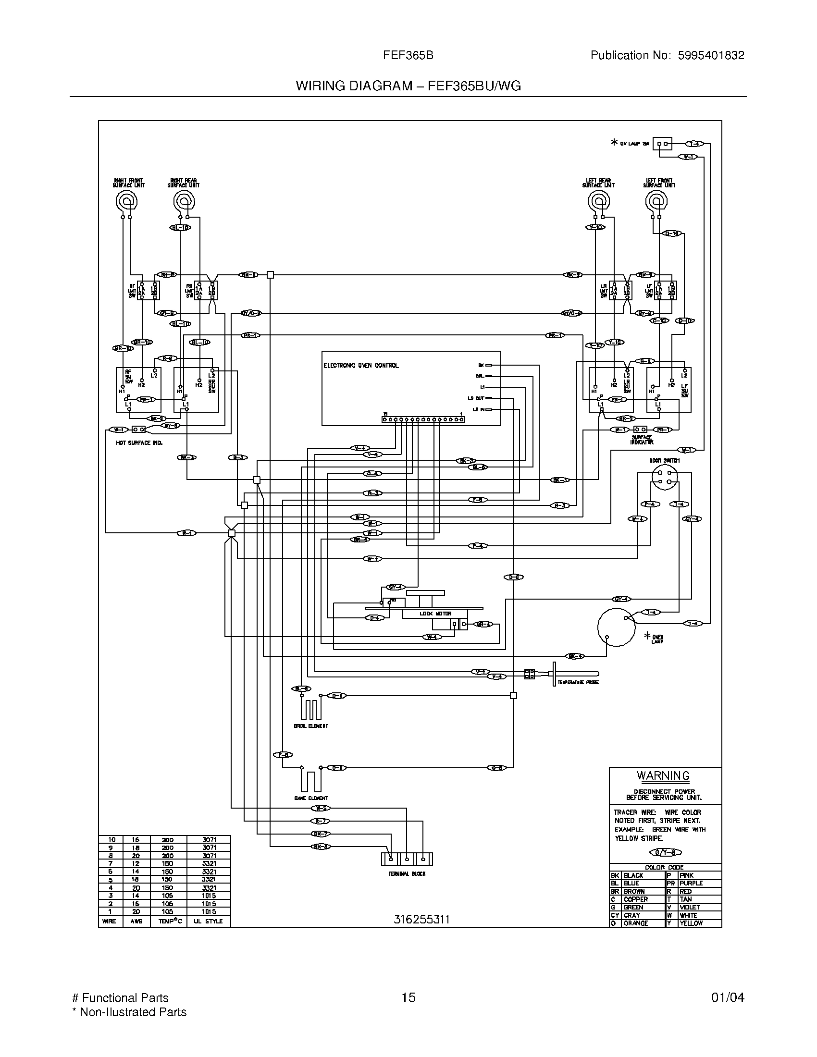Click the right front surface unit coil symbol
(127, 200)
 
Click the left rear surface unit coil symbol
(598, 200)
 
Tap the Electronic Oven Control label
(360, 366)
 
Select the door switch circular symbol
(665, 477)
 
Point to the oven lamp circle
(616, 627)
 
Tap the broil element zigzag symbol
(311, 710)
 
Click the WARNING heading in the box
(663, 775)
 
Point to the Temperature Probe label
(578, 682)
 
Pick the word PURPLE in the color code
(691, 883)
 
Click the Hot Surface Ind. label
(139, 443)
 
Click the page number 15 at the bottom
(408, 997)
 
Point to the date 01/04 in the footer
(728, 997)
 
